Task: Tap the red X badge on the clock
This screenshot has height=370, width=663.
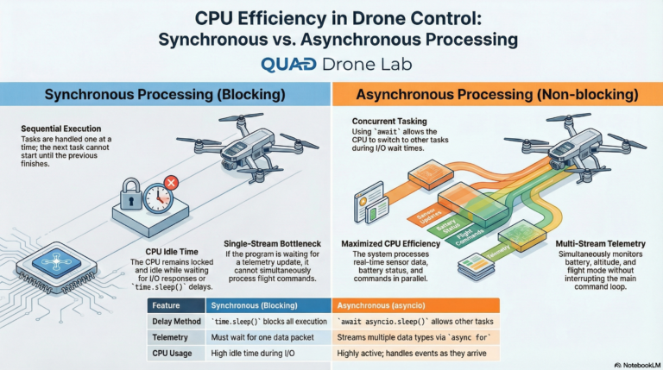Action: click(171, 183)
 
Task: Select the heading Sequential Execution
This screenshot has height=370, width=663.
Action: click(61, 129)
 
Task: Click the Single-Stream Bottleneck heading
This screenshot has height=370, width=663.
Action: click(274, 243)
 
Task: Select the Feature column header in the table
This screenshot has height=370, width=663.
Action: click(166, 304)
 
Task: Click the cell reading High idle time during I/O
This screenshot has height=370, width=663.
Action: click(256, 354)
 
